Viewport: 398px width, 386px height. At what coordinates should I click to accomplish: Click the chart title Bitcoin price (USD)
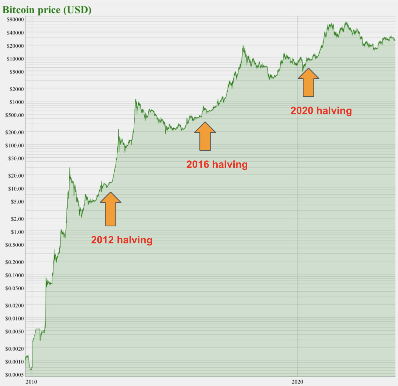click(47, 10)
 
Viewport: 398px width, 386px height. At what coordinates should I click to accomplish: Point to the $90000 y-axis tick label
click(15, 19)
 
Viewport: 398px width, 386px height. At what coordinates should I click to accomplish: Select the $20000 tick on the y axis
click(15, 46)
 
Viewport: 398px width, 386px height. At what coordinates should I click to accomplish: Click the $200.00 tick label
click(15, 132)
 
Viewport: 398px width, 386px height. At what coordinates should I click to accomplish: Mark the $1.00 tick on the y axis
click(17, 232)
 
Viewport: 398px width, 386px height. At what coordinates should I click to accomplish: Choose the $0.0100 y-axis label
click(15, 319)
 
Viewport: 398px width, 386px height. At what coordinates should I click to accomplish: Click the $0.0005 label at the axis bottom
click(15, 375)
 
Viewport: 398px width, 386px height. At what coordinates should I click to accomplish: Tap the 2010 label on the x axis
click(31, 382)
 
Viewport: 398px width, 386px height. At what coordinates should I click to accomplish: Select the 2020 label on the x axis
click(297, 382)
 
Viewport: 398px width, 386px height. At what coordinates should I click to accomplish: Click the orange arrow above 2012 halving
click(111, 209)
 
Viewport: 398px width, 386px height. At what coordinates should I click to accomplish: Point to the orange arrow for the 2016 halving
click(205, 136)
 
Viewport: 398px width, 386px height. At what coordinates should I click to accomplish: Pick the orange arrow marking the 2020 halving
click(309, 82)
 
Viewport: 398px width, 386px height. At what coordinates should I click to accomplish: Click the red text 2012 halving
click(122, 240)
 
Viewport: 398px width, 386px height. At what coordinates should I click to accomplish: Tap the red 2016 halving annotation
click(217, 164)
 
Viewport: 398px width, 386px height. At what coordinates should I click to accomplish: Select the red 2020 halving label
click(321, 111)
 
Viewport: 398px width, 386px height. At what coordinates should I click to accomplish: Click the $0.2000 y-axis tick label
click(15, 262)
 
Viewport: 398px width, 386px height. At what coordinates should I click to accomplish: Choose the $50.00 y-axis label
click(16, 158)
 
